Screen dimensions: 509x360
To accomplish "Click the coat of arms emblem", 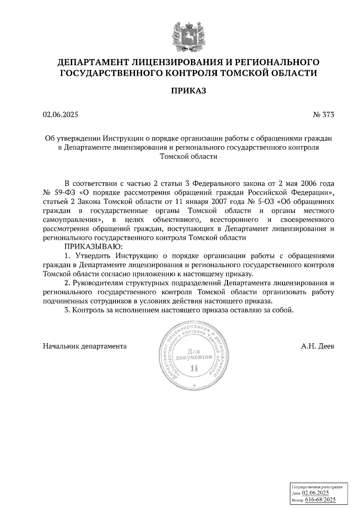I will [188, 37].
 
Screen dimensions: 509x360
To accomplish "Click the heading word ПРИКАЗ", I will [188, 91].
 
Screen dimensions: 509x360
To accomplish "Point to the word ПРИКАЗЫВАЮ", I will [94, 247].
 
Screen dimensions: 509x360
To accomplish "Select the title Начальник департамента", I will [85, 346].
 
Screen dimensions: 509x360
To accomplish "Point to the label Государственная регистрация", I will [317, 487].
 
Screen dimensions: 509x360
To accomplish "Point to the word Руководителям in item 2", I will [102, 283].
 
